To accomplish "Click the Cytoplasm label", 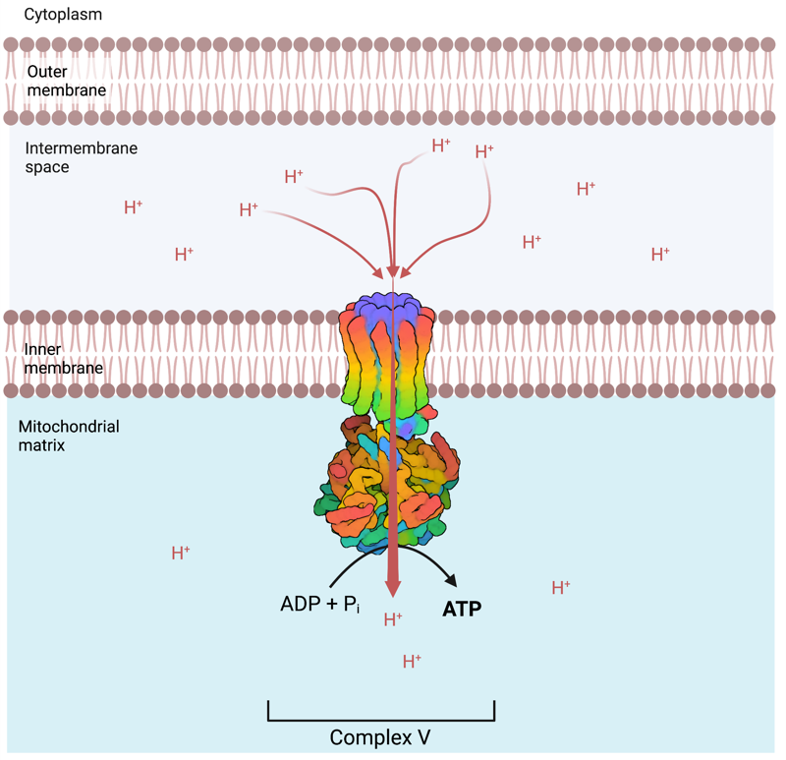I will [x=62, y=16].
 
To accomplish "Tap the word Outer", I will [x=46, y=72].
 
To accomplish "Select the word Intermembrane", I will [x=82, y=149].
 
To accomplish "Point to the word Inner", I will [x=42, y=350].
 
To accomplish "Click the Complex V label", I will [x=380, y=736].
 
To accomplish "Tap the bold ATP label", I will [x=462, y=609].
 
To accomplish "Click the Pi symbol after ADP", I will [x=351, y=606].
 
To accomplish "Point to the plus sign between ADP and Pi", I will [x=329, y=604].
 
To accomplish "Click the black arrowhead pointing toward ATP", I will [x=455, y=584].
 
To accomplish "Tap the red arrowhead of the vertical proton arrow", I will [x=393, y=587].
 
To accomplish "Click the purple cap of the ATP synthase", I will [x=393, y=306].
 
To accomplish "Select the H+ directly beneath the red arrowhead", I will [x=393, y=619].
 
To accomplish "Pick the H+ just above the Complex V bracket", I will [x=412, y=661].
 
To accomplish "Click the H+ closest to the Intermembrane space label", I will [x=133, y=207].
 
